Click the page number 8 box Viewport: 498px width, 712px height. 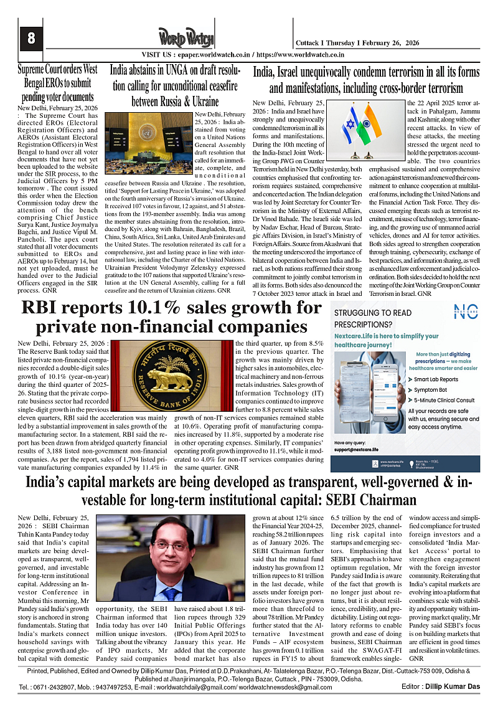click(31, 38)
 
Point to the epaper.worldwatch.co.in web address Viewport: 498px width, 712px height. click(216, 55)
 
